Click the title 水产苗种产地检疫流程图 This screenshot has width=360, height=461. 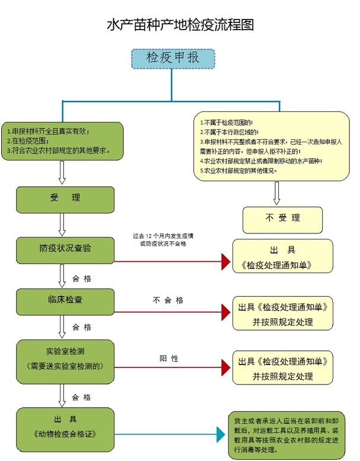tap(180, 25)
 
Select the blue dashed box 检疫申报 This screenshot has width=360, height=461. tap(172, 58)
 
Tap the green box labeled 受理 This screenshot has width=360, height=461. tap(65, 199)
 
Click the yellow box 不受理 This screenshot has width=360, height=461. tap(282, 219)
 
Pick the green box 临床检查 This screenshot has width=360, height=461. tap(65, 301)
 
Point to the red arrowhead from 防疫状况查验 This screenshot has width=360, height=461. tap(225, 260)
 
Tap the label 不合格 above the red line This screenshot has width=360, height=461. tap(168, 300)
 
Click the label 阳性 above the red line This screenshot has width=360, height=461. tap(168, 358)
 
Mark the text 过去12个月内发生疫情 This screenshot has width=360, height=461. tap(163, 236)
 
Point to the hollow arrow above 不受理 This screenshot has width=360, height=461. tap(276, 193)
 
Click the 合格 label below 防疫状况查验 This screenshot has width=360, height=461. tap(82, 277)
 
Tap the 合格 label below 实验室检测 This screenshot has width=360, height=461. tap(82, 397)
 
